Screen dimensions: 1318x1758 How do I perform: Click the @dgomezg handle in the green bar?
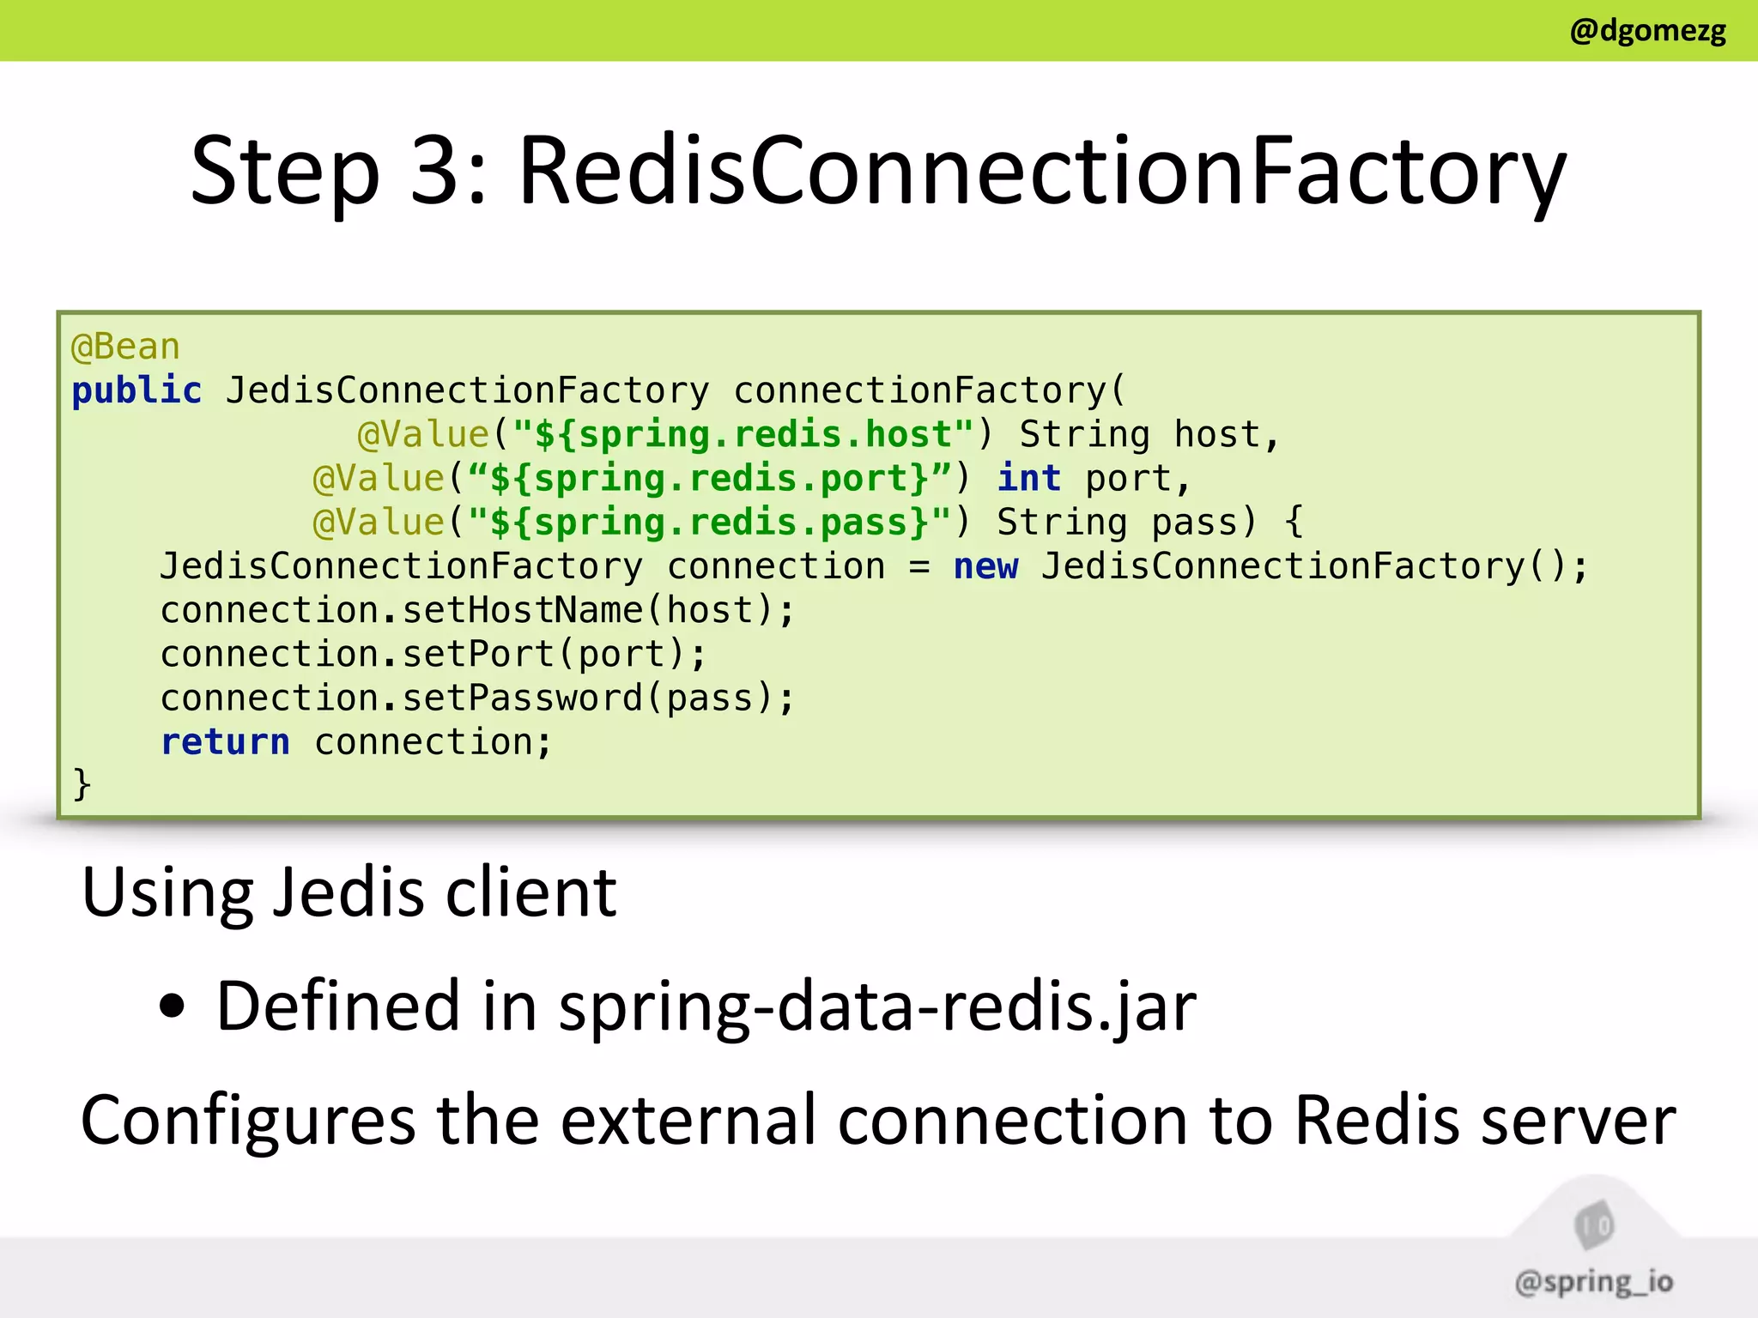[1646, 31]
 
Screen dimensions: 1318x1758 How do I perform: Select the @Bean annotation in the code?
[125, 348]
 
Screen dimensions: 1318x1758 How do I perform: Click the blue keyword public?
[136, 391]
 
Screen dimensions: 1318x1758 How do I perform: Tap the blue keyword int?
[1029, 479]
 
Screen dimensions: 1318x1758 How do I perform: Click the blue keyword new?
[985, 567]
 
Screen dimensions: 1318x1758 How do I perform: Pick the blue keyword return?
[225, 742]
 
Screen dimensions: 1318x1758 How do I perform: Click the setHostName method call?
[522, 611]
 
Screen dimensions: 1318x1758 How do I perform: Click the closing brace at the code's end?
[82, 784]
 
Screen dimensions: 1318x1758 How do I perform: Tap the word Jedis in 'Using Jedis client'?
[349, 893]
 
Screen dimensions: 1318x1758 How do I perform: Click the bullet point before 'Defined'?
[172, 1007]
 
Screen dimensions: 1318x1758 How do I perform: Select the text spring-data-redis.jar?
[877, 1007]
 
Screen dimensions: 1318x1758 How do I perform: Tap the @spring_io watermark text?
[1593, 1282]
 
